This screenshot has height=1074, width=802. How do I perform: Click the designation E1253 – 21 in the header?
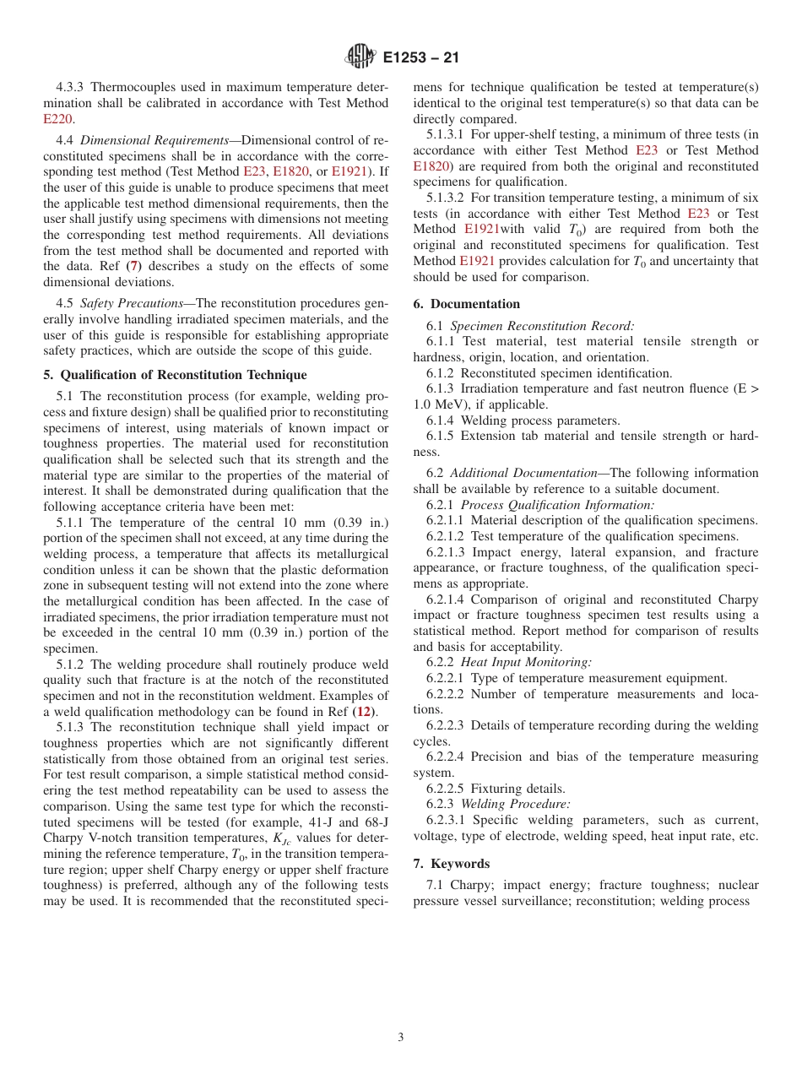point(420,58)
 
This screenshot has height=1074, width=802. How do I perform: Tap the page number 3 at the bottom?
point(401,1038)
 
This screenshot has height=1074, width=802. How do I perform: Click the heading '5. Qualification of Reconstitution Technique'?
point(175,374)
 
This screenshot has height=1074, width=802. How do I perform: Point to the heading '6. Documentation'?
point(466,304)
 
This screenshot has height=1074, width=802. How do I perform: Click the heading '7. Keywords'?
point(451,864)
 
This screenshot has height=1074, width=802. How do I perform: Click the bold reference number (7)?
point(133,267)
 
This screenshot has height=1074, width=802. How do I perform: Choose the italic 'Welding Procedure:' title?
point(515,804)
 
